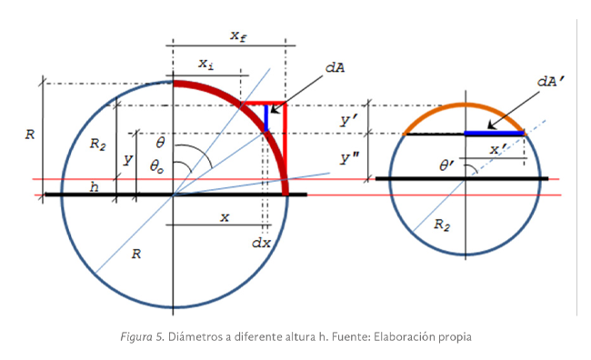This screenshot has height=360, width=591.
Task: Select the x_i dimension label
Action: pos(206,64)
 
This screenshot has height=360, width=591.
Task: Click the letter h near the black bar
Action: pos(94,187)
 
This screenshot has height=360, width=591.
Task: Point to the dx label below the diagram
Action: pos(261,243)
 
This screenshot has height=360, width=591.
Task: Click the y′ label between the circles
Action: pos(347,119)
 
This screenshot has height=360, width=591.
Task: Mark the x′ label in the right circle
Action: pos(497,148)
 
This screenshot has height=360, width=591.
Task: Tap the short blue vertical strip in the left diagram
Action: pos(266,116)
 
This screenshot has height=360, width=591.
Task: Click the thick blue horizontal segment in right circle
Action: pos(495,134)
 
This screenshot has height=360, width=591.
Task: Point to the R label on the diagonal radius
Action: pos(135,255)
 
